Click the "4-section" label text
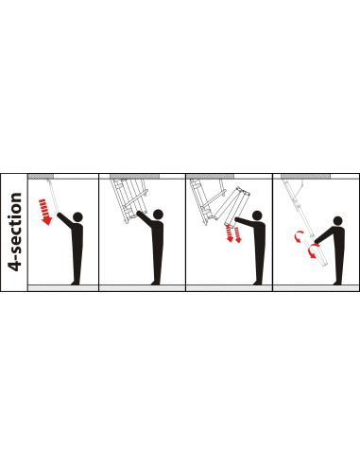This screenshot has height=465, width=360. (x=15, y=232)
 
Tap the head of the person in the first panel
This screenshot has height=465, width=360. (x=77, y=216)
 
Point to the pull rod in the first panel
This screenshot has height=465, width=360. (x=53, y=196)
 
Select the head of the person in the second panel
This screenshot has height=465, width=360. (x=158, y=215)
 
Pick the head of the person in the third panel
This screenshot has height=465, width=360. (x=257, y=215)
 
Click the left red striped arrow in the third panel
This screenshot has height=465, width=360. (x=230, y=233)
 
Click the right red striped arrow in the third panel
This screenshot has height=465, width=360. (x=237, y=234)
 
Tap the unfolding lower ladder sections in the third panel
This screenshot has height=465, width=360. (x=234, y=207)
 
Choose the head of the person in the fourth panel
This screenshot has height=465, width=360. (x=337, y=221)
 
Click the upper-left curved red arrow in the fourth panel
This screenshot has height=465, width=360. (x=299, y=236)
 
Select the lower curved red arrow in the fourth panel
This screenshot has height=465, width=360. (x=313, y=250)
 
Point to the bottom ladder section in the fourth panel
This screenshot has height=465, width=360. (x=316, y=253)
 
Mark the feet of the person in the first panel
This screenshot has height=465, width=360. (x=76, y=283)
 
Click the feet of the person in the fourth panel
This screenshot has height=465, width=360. (x=337, y=283)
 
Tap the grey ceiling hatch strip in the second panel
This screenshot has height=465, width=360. (x=134, y=176)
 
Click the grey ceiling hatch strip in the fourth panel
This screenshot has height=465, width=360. (x=305, y=176)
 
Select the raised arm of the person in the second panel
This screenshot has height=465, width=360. (x=146, y=218)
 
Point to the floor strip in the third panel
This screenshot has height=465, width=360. (x=229, y=288)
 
